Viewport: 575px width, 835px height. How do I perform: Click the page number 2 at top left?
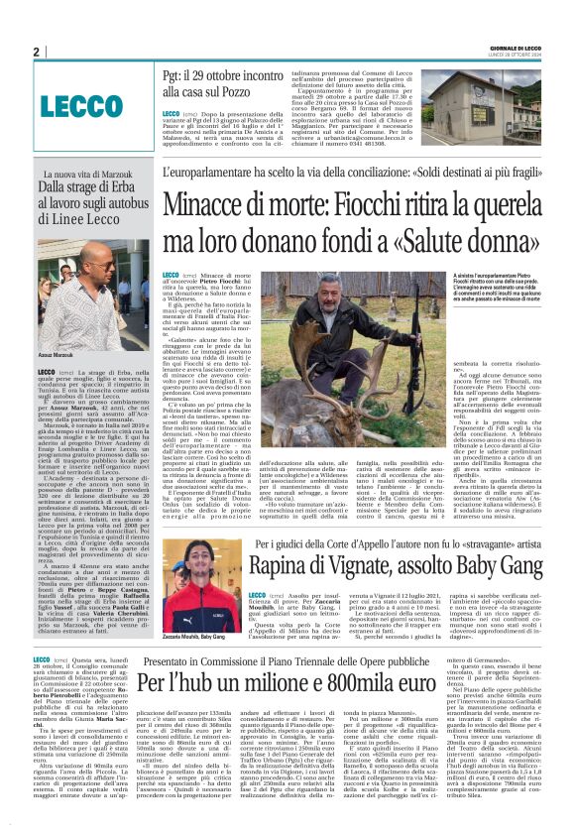click(36, 52)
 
